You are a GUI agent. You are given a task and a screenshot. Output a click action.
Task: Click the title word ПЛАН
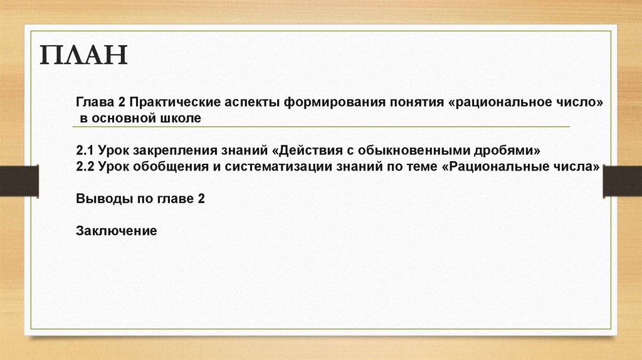(x=84, y=56)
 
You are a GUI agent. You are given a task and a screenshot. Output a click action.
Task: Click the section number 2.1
(x=85, y=151)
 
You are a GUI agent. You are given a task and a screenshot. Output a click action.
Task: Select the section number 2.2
(x=85, y=167)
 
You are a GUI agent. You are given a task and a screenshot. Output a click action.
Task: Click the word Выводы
(x=99, y=198)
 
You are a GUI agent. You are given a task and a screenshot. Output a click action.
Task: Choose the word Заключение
(x=116, y=230)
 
